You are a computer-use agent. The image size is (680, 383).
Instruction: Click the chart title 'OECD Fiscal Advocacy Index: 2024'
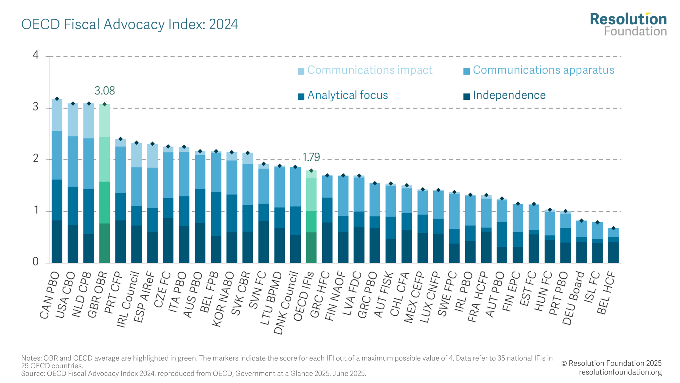(x=129, y=24)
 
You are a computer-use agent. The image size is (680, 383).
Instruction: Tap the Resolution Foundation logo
(x=628, y=24)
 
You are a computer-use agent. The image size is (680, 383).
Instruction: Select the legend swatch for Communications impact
(x=301, y=71)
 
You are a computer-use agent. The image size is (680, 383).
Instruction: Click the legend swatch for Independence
(x=466, y=96)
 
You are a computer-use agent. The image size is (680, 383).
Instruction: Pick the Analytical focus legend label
(x=347, y=95)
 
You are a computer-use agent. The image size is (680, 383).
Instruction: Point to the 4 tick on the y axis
(x=36, y=55)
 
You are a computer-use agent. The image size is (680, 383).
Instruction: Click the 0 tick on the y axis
(x=36, y=262)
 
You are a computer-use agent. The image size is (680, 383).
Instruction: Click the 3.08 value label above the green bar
(x=105, y=91)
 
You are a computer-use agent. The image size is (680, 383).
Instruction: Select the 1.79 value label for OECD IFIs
(x=311, y=157)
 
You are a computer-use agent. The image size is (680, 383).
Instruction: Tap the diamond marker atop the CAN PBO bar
(x=57, y=99)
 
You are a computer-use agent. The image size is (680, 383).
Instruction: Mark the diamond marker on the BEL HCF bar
(x=613, y=228)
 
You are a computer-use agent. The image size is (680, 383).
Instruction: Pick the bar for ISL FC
(x=597, y=242)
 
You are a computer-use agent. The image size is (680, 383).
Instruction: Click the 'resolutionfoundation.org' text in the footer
(x=620, y=372)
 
